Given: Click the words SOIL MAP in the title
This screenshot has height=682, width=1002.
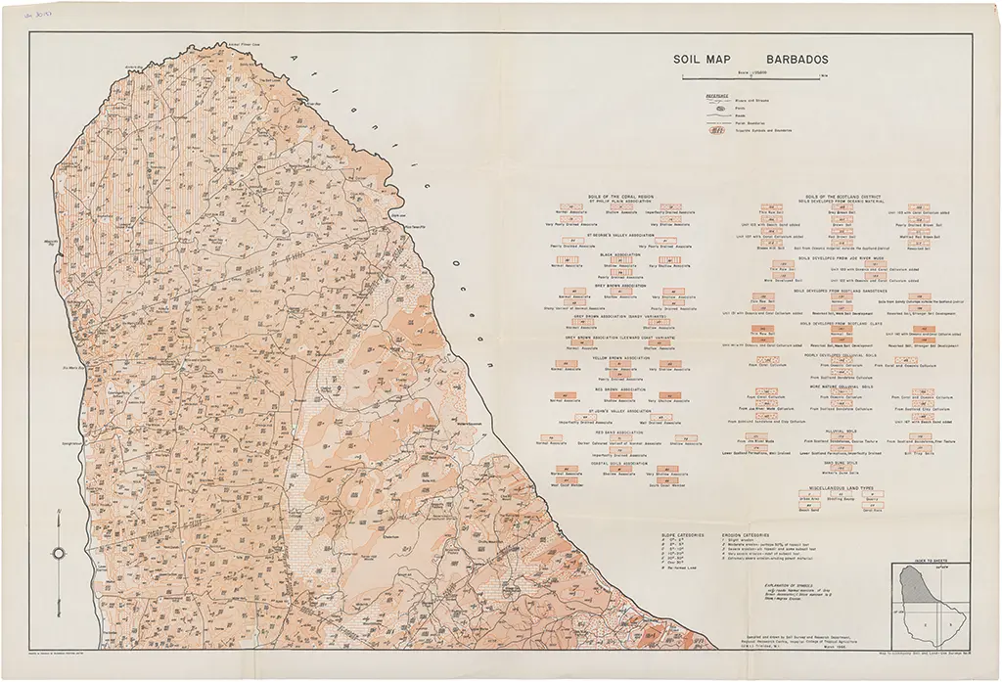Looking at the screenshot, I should (698, 58).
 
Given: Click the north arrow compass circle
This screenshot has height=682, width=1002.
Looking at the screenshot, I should (59, 553).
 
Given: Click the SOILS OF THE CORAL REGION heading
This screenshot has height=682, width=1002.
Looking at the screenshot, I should (626, 197).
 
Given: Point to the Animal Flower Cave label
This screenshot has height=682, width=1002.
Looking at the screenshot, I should (219, 44).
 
